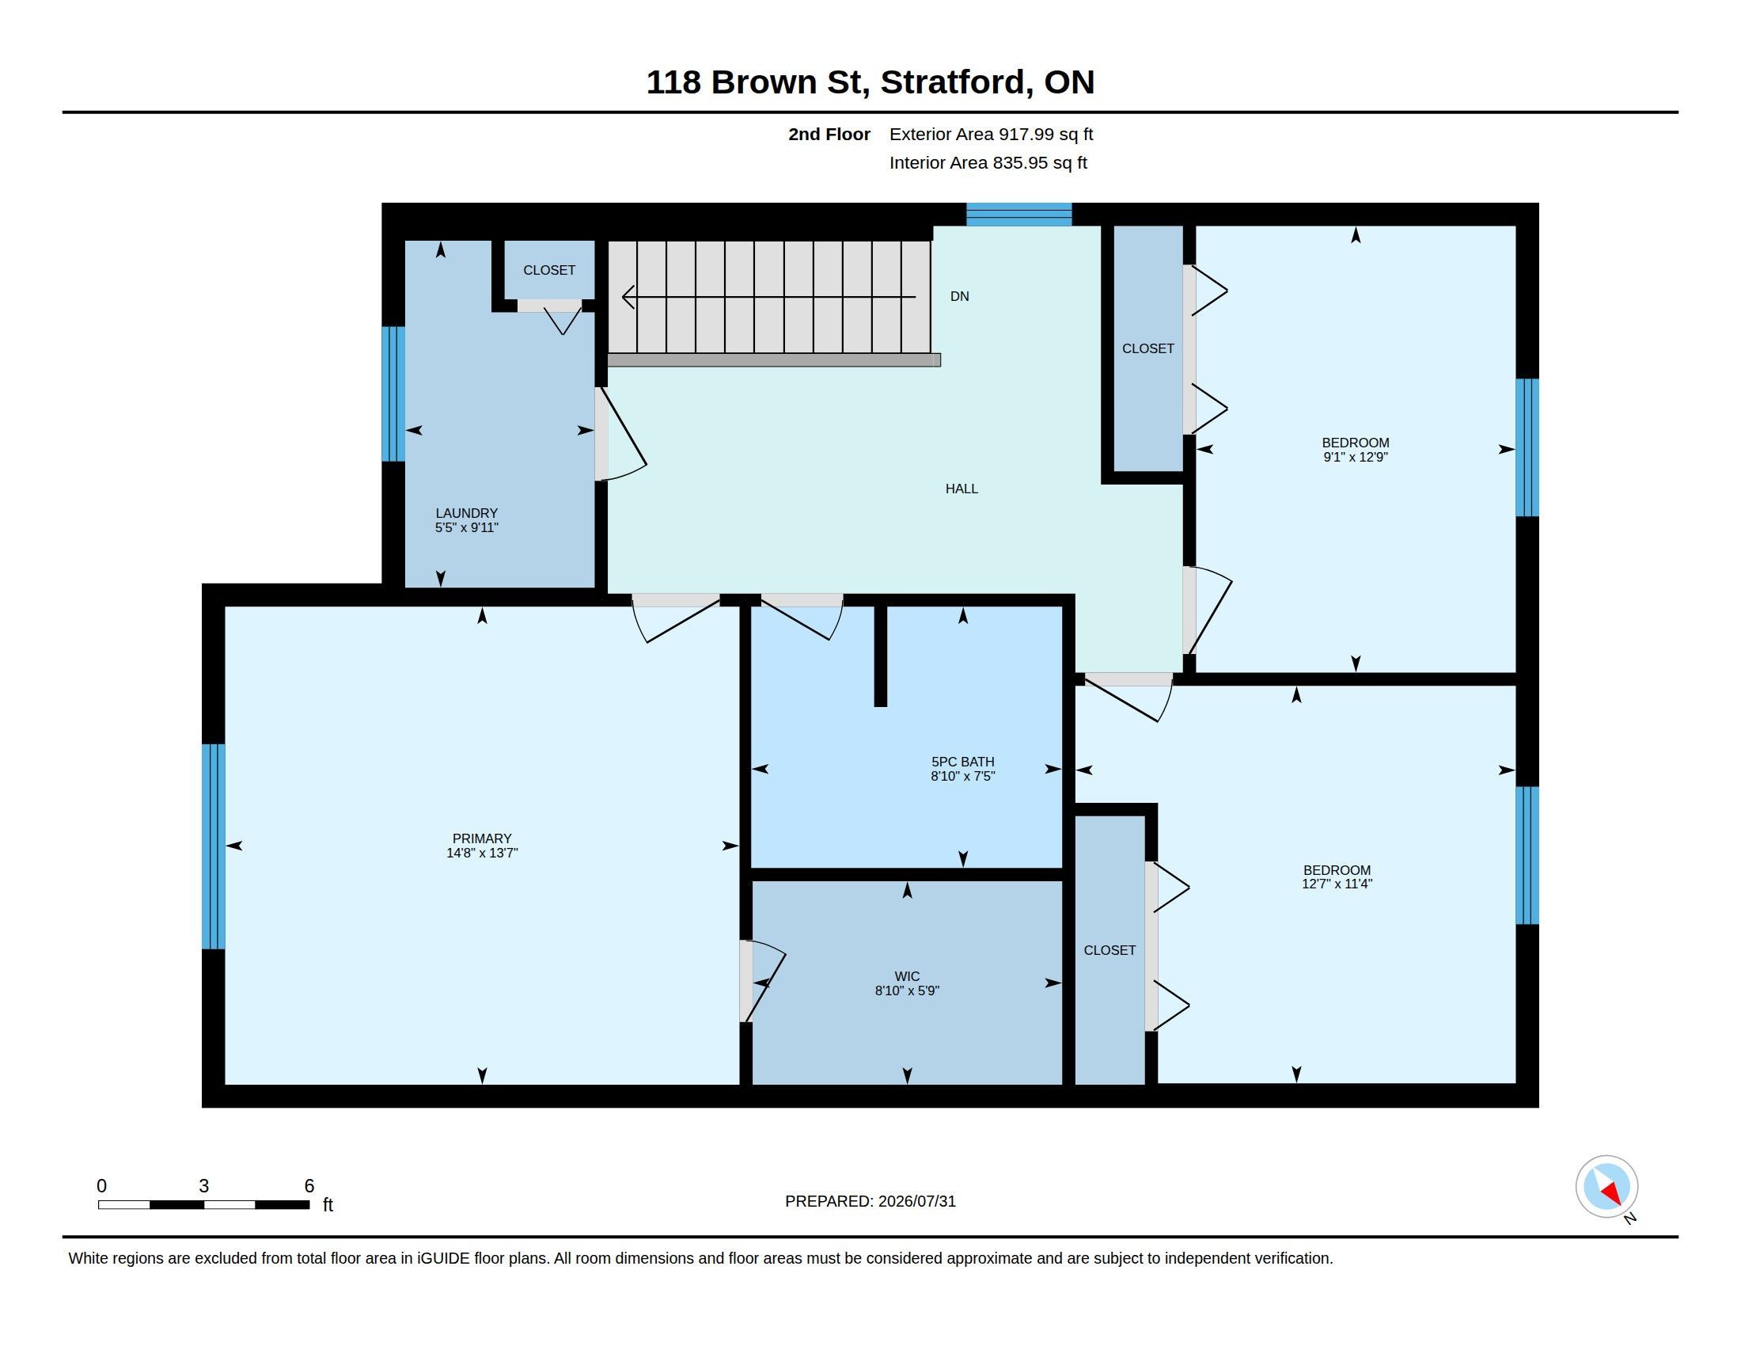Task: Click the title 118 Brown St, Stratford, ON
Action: pos(870,82)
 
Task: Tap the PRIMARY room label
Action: pos(481,838)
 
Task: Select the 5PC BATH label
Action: pos(963,762)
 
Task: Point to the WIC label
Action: pos(907,976)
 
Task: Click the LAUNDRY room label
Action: pos(466,514)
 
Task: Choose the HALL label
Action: pos(962,489)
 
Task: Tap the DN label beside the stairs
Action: pos(960,297)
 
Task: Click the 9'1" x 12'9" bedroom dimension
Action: pos(1355,458)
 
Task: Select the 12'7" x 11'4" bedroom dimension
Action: pos(1337,884)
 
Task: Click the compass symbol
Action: pos(1607,1187)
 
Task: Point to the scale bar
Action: pos(203,1204)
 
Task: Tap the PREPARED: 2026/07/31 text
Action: pos(870,1201)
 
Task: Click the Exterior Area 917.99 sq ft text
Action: pos(991,134)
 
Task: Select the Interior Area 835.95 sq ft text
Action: pos(988,162)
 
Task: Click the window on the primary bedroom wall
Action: pos(214,846)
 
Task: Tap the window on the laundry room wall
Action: pos(393,394)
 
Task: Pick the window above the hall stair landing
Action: pos(1018,215)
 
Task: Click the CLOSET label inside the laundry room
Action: pos(549,270)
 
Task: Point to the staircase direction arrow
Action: pos(768,297)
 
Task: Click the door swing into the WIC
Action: pos(763,982)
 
